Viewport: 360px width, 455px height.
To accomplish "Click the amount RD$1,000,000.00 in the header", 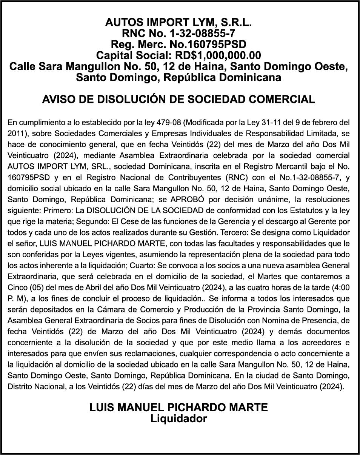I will point(218,55).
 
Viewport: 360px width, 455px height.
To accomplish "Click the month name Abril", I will point(91,287).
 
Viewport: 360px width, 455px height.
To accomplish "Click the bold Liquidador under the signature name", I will point(178,418).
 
